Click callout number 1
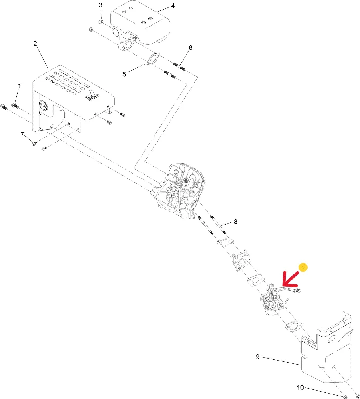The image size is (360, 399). (x=19, y=86)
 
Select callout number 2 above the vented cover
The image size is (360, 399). (x=35, y=44)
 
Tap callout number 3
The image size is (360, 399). (x=101, y=5)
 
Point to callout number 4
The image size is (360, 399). (x=173, y=6)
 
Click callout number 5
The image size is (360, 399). (x=124, y=74)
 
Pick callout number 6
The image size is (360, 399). (x=191, y=48)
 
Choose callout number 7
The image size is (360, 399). (x=22, y=134)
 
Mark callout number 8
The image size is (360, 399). (x=235, y=222)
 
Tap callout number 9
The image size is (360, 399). (x=258, y=357)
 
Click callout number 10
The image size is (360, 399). (x=300, y=387)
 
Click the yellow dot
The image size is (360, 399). (x=303, y=267)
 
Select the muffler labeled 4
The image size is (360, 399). (x=141, y=25)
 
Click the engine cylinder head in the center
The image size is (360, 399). (x=180, y=192)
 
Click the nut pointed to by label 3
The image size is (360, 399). (x=101, y=22)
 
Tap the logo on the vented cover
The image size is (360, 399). (x=93, y=96)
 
